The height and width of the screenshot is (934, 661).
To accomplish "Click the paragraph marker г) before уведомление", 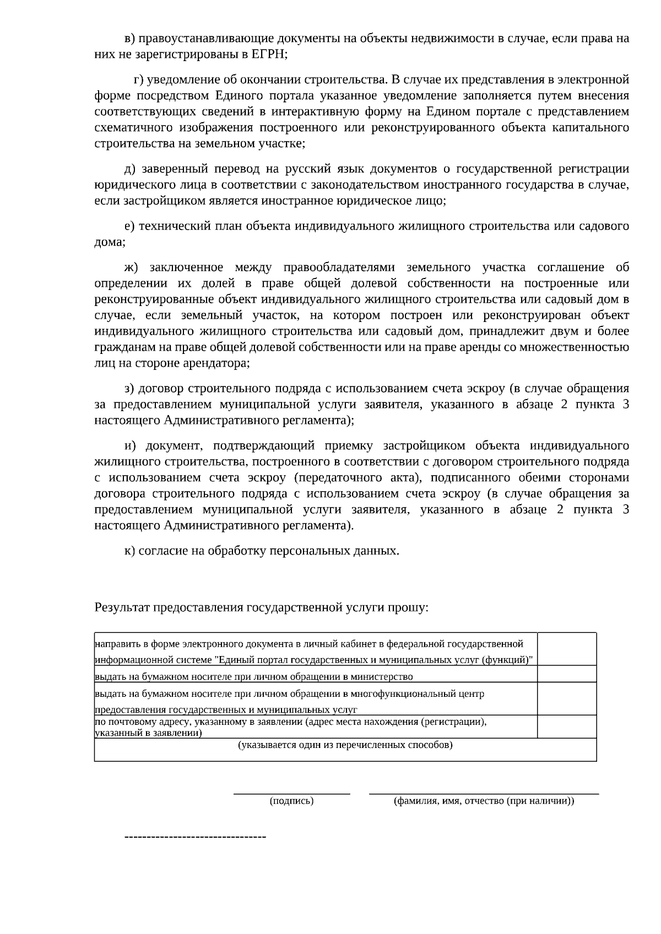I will (x=138, y=79).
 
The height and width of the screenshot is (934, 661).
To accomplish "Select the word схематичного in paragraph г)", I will (x=132, y=128).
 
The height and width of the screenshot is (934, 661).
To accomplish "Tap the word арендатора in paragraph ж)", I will (x=219, y=363).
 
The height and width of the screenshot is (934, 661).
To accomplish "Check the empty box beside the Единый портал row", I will (x=567, y=649).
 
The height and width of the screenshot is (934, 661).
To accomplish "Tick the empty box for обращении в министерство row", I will (x=567, y=674).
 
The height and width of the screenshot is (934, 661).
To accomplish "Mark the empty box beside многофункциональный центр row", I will (x=567, y=699).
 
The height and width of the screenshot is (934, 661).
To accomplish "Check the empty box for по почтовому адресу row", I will (x=567, y=727).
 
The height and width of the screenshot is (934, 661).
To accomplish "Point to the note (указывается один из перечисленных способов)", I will (x=345, y=745).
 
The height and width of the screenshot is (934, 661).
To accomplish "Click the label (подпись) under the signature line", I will (x=292, y=801).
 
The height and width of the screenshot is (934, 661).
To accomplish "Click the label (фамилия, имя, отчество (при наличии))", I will (x=484, y=801).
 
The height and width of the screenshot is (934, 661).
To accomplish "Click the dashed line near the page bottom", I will (x=196, y=837).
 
